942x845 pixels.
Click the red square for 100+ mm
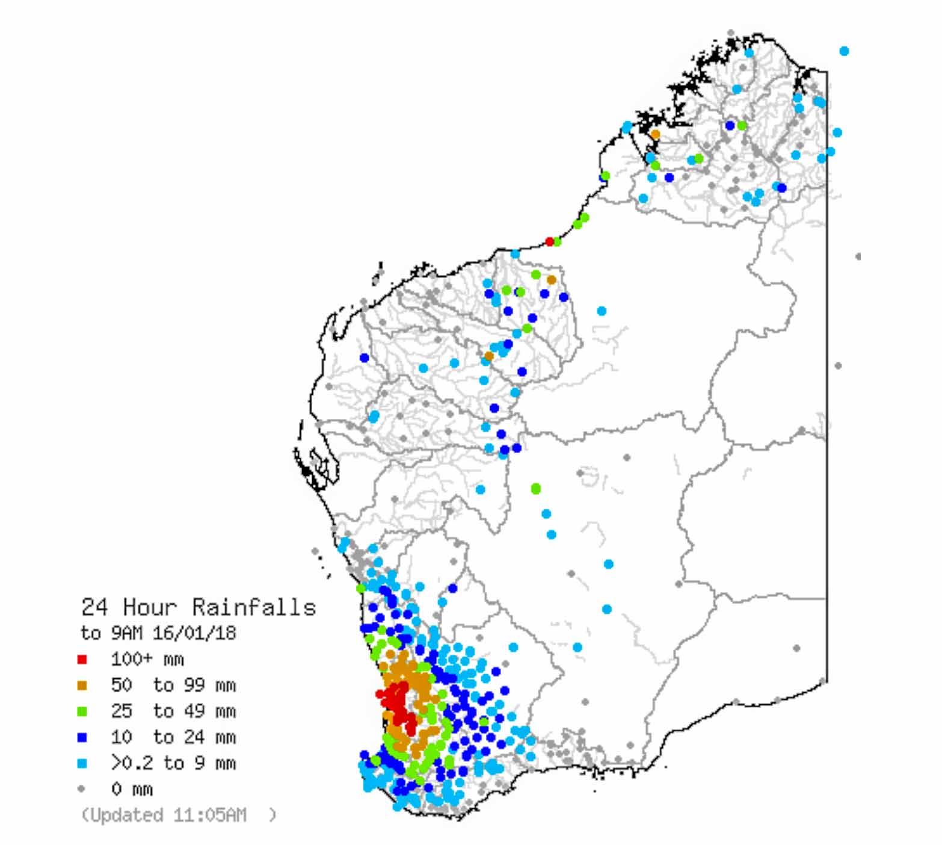(x=82, y=660)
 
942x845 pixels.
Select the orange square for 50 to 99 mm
(x=82, y=686)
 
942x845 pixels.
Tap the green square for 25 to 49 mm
(x=82, y=711)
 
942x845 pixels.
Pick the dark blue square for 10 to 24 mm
(x=82, y=737)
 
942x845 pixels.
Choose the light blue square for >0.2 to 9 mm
(x=82, y=763)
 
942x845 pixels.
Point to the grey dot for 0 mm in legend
(x=82, y=788)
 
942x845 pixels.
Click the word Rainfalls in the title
(x=254, y=607)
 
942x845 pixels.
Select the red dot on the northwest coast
(x=549, y=241)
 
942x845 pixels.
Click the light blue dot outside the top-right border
(x=844, y=51)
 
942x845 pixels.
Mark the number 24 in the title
(x=94, y=607)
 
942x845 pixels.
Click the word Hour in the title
(x=150, y=607)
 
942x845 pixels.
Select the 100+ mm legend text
(x=147, y=660)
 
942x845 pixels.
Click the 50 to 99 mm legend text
(x=173, y=686)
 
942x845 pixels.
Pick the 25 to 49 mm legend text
(x=173, y=711)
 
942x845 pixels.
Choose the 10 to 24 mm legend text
(x=173, y=737)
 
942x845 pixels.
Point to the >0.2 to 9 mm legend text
(x=173, y=763)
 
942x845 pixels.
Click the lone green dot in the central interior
(x=536, y=489)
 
